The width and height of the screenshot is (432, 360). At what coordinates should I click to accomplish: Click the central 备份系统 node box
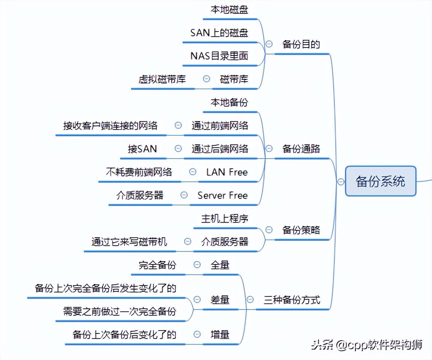click(x=380, y=181)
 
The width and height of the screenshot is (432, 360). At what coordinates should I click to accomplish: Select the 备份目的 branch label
click(x=301, y=44)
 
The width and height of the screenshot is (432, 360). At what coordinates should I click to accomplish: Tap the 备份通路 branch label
click(x=301, y=149)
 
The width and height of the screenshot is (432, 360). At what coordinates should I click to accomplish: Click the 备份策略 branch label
click(x=301, y=230)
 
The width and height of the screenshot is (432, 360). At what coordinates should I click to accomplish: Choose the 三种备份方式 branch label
click(x=292, y=300)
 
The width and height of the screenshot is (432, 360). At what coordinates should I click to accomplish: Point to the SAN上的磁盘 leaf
click(x=219, y=33)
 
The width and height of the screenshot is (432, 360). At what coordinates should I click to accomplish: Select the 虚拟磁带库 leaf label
click(x=162, y=79)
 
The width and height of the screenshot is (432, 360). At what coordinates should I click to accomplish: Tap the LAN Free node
click(x=227, y=172)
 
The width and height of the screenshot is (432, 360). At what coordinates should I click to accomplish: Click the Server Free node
click(x=223, y=195)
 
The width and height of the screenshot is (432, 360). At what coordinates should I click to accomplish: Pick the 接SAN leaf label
click(x=142, y=149)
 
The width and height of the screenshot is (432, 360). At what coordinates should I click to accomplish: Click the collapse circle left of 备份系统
click(x=341, y=182)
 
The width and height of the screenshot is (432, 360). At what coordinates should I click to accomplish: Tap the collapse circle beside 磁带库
click(x=207, y=78)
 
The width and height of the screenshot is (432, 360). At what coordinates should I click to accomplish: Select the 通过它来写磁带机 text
click(x=129, y=241)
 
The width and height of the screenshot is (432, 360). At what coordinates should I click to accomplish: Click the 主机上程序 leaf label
click(x=225, y=218)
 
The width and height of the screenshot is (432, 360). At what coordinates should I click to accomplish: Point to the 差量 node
click(x=220, y=300)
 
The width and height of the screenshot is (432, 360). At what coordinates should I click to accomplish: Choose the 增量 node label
click(x=220, y=334)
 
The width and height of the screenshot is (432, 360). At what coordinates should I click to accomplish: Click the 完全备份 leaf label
click(x=157, y=265)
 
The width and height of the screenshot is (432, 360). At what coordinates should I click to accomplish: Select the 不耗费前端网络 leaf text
click(x=139, y=172)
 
